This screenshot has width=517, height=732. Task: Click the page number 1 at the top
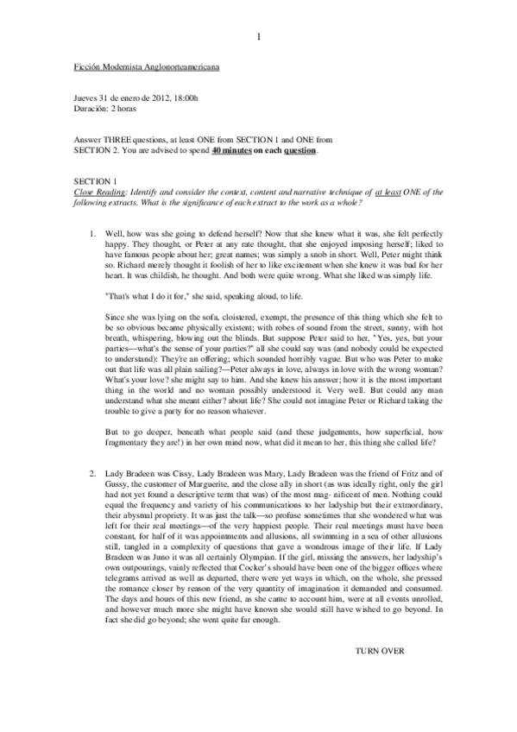click(x=259, y=35)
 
